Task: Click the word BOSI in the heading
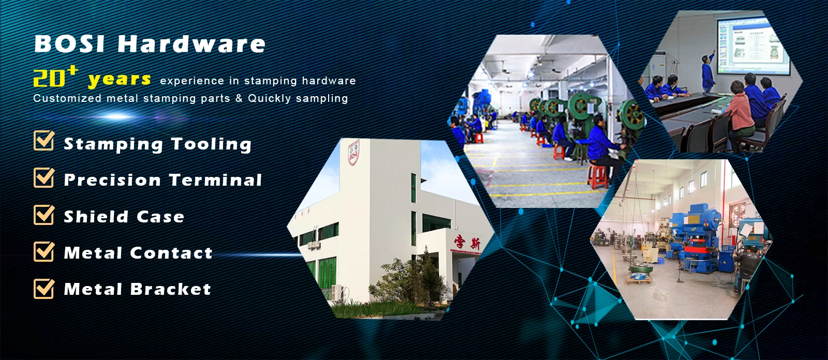point(69,43)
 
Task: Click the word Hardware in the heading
point(191,43)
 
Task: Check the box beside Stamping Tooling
point(44,141)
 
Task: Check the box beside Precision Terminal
point(44,177)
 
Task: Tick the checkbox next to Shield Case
point(44,215)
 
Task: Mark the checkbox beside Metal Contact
point(44,251)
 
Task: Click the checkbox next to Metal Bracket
point(44,288)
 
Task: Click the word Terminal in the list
point(215,180)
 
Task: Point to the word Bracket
point(170,289)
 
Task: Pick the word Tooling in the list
point(211,144)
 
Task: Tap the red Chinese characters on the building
point(468,243)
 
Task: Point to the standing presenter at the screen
point(708,72)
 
